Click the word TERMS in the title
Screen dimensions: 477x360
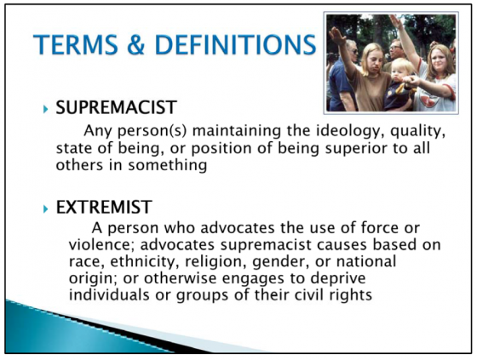pyautogui.click(x=75, y=44)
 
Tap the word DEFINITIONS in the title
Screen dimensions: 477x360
pyautogui.click(x=235, y=44)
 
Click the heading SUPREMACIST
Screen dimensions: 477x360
pyautogui.click(x=116, y=107)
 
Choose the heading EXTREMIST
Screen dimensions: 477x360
pyautogui.click(x=104, y=207)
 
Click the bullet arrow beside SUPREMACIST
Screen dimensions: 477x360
pyautogui.click(x=46, y=109)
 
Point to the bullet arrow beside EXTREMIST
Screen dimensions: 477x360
pyautogui.click(x=46, y=209)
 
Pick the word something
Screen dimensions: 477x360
pyautogui.click(x=167, y=166)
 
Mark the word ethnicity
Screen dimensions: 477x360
pyautogui.click(x=144, y=261)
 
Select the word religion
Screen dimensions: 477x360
pyautogui.click(x=216, y=261)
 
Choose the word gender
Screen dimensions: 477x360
pyautogui.click(x=281, y=262)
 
